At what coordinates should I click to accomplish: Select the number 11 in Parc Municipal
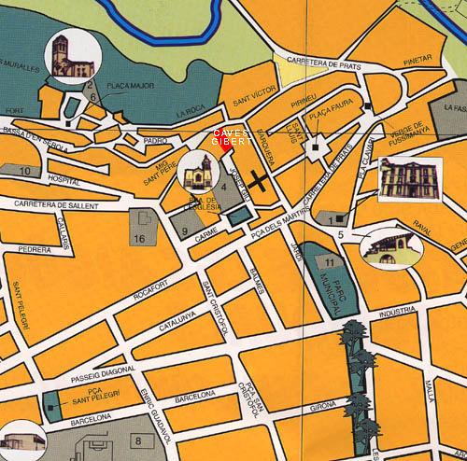[x=329, y=265]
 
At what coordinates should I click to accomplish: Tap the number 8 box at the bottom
[x=138, y=440]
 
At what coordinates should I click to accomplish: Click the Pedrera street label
[x=34, y=250]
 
